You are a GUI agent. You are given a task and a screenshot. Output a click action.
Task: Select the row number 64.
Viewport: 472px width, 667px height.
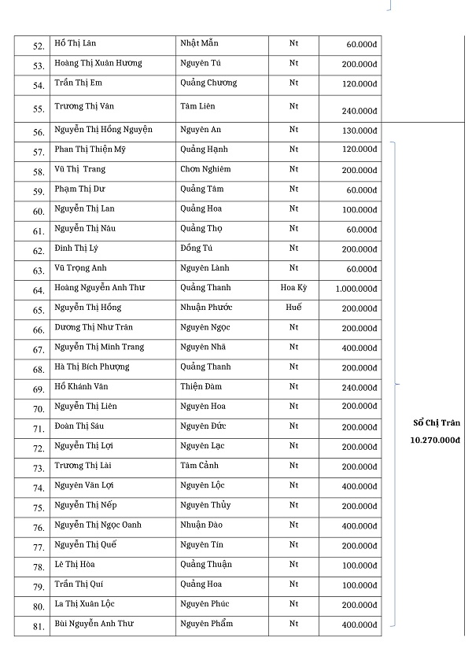pos(38,290)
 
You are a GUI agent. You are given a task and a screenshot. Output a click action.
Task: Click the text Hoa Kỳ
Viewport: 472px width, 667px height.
pos(293,288)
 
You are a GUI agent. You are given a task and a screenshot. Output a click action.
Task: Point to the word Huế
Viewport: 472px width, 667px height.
pos(293,308)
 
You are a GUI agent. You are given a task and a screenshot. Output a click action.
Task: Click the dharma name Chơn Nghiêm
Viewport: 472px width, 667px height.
pos(205,169)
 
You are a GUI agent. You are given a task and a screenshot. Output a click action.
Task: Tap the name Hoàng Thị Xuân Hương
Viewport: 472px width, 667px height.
pos(98,63)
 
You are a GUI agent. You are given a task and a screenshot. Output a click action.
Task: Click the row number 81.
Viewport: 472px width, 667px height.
pos(38,626)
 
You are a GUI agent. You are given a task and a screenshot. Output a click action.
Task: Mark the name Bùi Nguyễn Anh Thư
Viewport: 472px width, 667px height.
pos(94,624)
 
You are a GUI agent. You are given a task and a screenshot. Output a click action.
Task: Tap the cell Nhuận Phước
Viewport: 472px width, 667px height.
pos(206,308)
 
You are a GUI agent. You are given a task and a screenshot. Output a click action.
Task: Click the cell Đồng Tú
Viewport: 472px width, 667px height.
pos(197,249)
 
